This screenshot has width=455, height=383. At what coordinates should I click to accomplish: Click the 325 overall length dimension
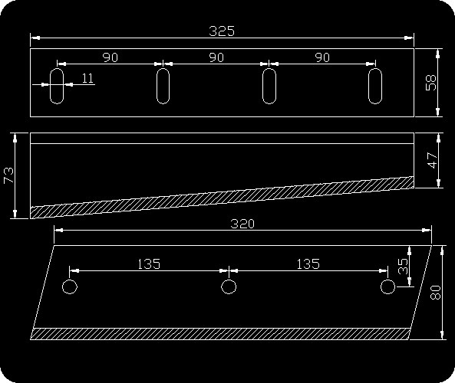click(222, 31)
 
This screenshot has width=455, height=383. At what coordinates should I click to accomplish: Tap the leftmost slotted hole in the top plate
click(50, 86)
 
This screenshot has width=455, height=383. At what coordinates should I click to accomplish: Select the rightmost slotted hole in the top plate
click(368, 86)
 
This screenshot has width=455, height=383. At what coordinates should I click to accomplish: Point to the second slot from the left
click(157, 86)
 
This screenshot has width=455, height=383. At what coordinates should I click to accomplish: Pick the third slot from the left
click(262, 86)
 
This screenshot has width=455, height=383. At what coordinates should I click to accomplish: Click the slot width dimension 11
click(87, 78)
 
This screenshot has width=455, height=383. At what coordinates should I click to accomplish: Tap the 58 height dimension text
click(431, 83)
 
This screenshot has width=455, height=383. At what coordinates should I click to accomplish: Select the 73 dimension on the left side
click(8, 175)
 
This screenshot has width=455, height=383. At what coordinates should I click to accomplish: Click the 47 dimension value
click(433, 160)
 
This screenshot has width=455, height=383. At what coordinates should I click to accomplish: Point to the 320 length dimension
click(242, 224)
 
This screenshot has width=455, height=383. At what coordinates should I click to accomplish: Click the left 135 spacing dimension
click(149, 264)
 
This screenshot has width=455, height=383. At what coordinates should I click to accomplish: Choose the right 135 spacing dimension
click(308, 264)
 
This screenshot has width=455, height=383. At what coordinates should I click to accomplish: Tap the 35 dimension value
click(403, 267)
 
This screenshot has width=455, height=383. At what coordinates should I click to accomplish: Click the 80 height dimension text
click(436, 293)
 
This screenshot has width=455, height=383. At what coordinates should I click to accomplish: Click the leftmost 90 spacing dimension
click(110, 57)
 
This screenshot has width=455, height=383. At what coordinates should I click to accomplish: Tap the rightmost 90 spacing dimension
click(322, 57)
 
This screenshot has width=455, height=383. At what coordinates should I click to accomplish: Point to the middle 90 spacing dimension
click(216, 57)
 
